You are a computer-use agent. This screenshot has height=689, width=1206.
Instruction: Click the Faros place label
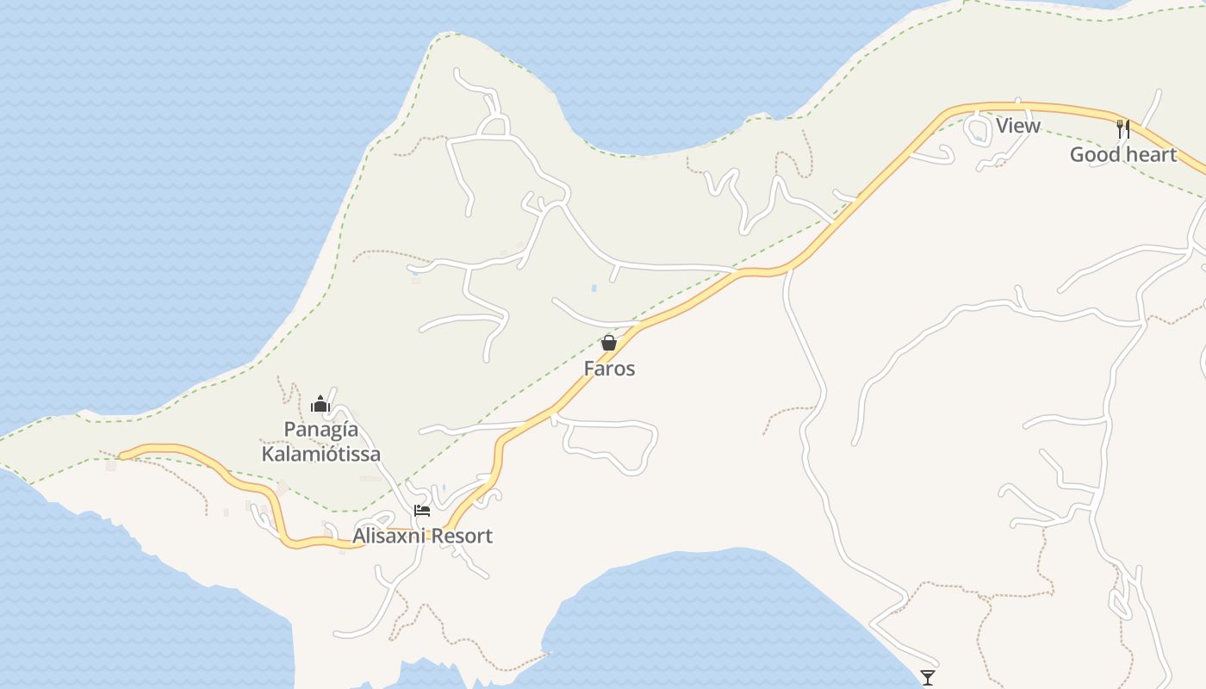coord(609,369)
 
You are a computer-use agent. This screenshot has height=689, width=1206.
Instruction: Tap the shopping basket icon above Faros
coord(609,343)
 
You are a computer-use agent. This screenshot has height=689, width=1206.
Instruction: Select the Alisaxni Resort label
coord(422,536)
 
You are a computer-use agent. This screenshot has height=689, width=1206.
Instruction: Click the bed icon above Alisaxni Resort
coord(422,510)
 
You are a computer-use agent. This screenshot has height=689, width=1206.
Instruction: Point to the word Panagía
coord(321,429)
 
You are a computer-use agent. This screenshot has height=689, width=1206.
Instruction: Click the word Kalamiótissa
coord(321,454)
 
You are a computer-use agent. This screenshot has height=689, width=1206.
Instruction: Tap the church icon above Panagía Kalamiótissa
coord(320,403)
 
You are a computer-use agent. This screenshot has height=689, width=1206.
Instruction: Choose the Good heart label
coord(1123,154)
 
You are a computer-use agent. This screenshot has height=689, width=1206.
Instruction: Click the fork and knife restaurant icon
coord(1123,129)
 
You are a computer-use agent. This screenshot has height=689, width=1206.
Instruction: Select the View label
coord(1018,126)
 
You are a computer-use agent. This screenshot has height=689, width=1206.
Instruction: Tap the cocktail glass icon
coord(928,677)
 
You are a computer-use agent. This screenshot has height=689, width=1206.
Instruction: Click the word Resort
coord(462,536)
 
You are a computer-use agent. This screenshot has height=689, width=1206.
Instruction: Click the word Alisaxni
coord(389,536)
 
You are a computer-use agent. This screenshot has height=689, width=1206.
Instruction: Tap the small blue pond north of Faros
coord(593,287)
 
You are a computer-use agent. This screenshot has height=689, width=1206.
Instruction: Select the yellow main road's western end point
coord(121,456)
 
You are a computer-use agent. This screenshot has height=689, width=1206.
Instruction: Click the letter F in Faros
coord(589,369)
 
